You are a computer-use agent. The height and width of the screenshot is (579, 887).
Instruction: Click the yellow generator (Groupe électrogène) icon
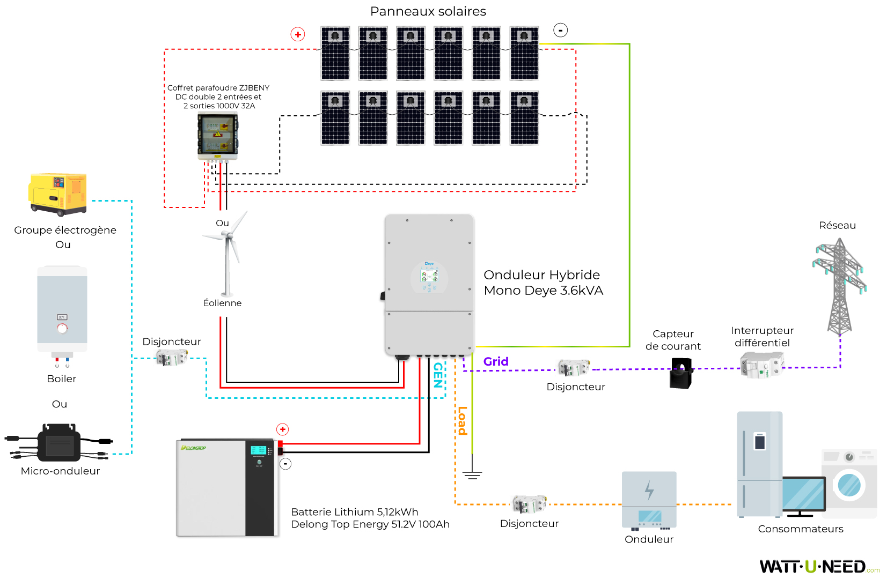[58, 194]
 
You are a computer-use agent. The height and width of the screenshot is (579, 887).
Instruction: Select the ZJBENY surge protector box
[217, 137]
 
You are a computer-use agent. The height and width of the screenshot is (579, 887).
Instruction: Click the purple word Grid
[496, 361]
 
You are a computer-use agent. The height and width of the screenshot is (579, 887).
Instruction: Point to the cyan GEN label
[438, 375]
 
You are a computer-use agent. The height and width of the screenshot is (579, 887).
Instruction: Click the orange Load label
[462, 421]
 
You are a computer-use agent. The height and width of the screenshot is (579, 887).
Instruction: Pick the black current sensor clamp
[681, 373]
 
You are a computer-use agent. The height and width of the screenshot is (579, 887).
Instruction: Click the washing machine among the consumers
[849, 483]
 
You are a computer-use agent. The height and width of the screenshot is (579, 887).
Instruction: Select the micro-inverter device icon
[59, 443]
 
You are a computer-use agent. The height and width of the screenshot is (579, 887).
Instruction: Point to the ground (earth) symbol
[472, 474]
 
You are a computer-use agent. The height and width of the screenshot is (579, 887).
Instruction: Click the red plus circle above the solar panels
[298, 34]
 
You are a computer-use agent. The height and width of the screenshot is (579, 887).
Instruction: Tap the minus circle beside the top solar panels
[560, 31]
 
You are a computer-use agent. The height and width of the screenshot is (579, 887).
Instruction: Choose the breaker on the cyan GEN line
[171, 358]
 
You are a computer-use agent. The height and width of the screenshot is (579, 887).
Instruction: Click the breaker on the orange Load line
[529, 504]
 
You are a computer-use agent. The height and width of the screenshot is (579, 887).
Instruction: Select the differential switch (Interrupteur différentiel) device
[761, 366]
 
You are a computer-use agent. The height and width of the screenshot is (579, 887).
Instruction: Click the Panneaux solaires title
[428, 11]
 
